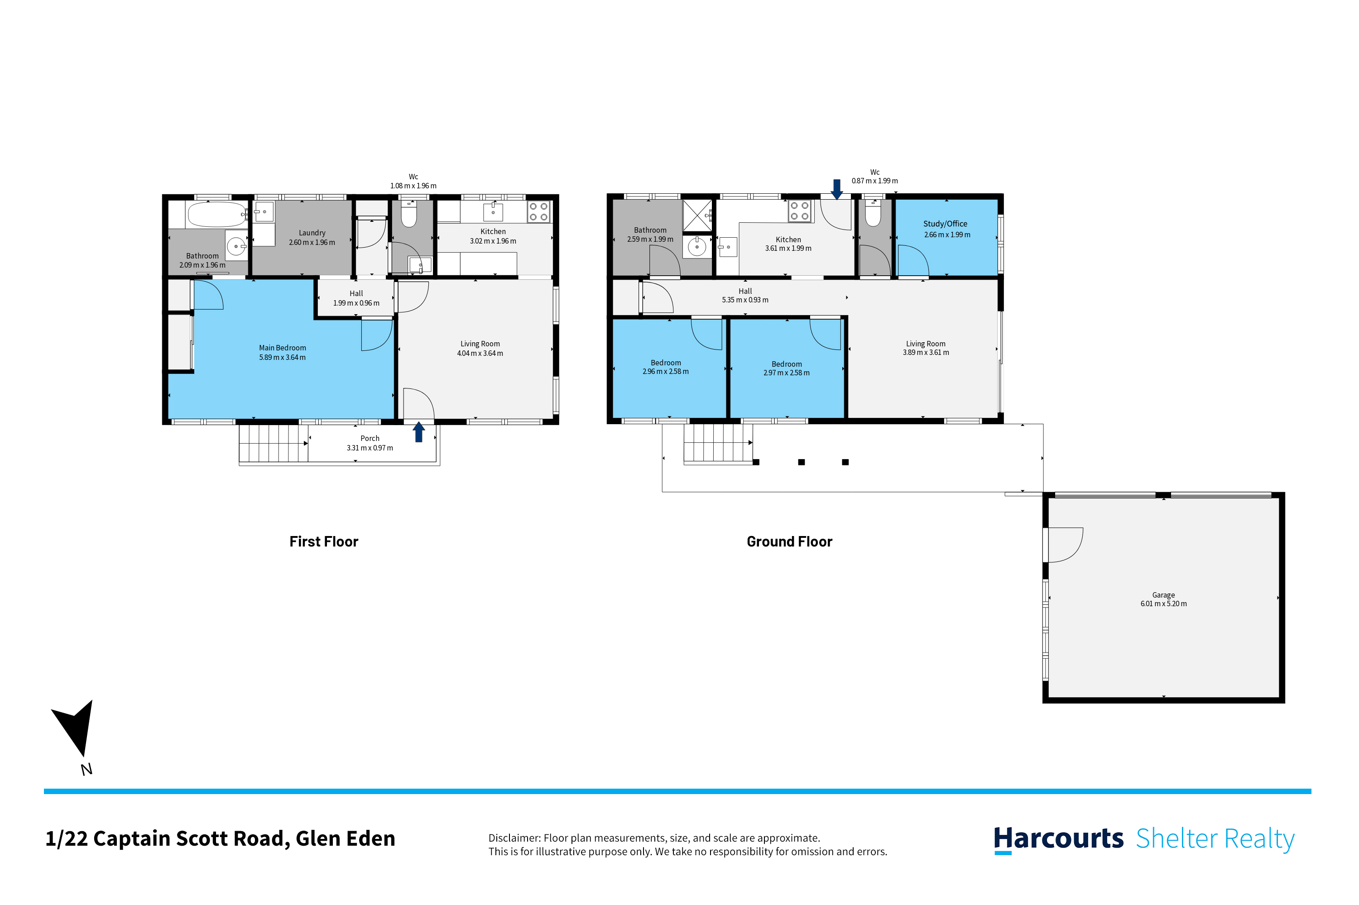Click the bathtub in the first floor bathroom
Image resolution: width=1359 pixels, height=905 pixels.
pos(216,214)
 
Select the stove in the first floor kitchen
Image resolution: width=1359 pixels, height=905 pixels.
pos(538,211)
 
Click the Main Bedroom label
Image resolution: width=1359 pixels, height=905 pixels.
pos(282,347)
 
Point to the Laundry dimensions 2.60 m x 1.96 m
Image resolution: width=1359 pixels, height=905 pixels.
pos(312,242)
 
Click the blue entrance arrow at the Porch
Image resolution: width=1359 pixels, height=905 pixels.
pos(418,432)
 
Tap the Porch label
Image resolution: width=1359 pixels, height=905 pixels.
pos(370,438)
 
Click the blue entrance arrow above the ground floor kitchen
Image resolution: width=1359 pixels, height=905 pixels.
pos(836,189)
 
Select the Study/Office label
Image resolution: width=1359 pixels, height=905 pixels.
pos(945,223)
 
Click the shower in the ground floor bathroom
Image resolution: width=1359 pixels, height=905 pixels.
pos(697,215)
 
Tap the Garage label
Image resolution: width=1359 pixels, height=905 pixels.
pos(1163,594)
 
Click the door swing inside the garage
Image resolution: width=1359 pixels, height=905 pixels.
pos(1065,544)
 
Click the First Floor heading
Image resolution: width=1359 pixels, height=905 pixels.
pos(323,541)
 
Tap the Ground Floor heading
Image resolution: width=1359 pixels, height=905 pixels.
pos(789,541)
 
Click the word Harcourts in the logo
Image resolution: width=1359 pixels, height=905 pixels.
pos(1058,838)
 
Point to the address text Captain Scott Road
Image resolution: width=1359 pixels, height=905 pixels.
pos(191,838)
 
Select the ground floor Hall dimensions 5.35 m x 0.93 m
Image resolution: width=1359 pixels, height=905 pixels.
pos(745,300)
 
